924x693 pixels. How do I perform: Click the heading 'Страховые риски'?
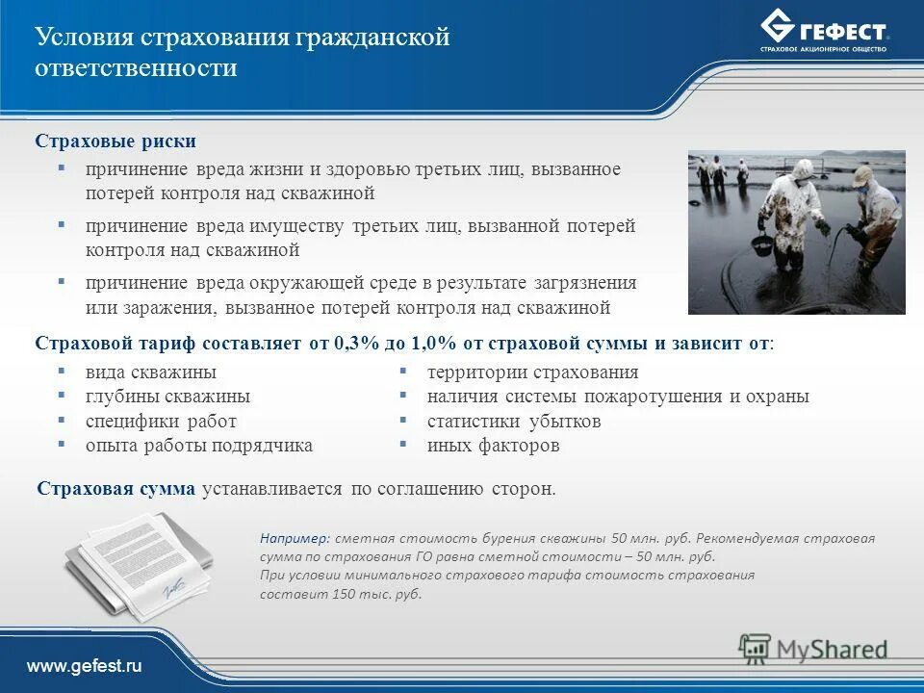[x=115, y=141]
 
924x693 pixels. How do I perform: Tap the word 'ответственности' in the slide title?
[x=136, y=68]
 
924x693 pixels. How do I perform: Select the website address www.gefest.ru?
[x=84, y=667]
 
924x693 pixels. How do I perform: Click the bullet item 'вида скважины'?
[x=150, y=372]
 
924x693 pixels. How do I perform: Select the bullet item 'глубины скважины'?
[x=167, y=397]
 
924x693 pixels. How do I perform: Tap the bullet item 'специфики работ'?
[x=160, y=422]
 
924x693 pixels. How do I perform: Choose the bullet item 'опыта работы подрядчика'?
[x=198, y=446]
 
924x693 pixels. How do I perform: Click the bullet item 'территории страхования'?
[x=532, y=372]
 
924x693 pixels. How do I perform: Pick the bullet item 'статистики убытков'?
[x=514, y=422]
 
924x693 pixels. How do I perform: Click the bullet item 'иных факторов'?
[x=493, y=446]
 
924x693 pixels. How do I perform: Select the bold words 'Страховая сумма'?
[x=115, y=488]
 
